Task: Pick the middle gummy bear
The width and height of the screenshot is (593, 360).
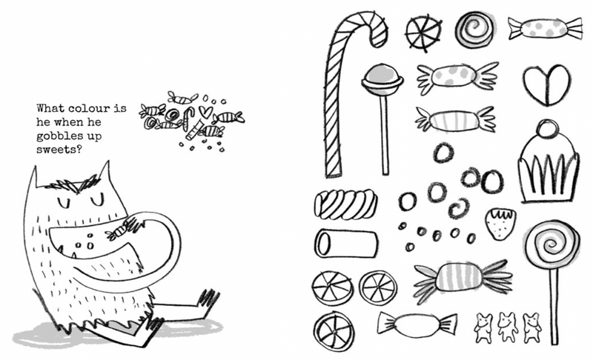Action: coord(508,326)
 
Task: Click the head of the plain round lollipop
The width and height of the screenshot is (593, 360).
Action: coord(380,77)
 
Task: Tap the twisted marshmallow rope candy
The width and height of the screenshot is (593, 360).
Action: coord(345,203)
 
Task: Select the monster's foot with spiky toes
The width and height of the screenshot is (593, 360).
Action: coord(207,299)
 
